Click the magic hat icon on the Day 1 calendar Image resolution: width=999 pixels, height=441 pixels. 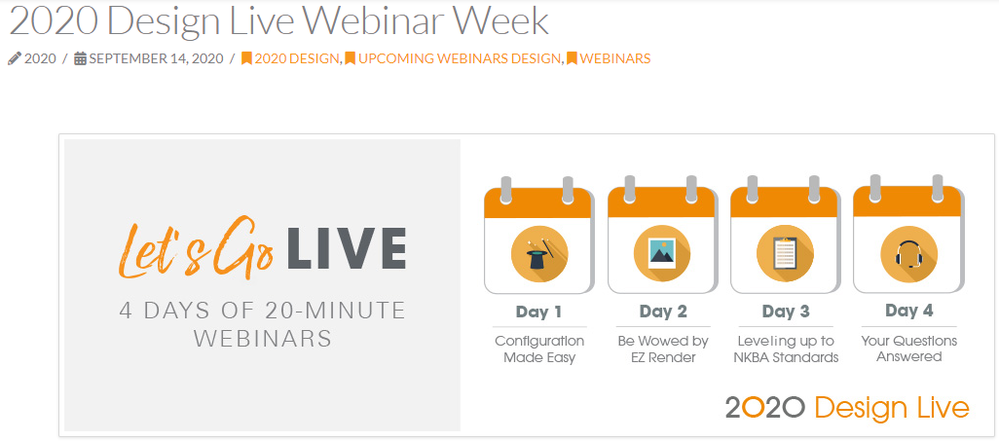pos(539,255)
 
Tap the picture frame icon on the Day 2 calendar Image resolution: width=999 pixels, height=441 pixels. pos(662,254)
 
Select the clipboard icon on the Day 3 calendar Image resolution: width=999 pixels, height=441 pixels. pos(784,254)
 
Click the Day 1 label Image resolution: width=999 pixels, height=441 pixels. pos(539,312)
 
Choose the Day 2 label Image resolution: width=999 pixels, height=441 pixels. pos(663,312)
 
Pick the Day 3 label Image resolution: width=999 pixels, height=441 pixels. pos(786,312)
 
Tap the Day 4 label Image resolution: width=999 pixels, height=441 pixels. pos(909,311)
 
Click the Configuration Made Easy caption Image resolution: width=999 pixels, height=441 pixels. pos(539,349)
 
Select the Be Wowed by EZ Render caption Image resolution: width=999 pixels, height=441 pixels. pos(663,349)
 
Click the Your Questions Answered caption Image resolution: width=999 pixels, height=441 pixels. pos(909,349)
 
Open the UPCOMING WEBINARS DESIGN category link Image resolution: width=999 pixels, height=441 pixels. pos(460,58)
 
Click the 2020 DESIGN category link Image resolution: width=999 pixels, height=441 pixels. pos(296,58)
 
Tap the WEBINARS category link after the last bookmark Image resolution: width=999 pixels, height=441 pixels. pos(614,58)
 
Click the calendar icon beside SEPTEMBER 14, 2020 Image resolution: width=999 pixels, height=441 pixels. pos(80,58)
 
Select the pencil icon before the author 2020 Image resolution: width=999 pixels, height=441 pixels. pos(14,58)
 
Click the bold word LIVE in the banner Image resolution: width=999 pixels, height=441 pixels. pos(347,248)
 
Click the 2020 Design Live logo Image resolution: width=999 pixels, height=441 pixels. pos(847,407)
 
